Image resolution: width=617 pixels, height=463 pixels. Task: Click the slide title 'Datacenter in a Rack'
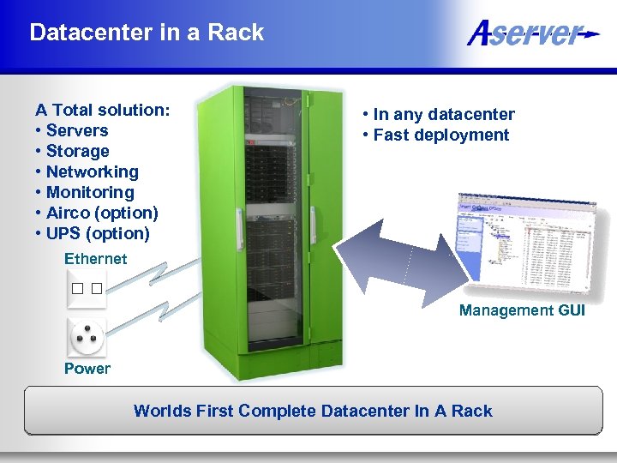click(147, 33)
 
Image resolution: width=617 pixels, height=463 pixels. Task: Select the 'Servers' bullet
click(77, 130)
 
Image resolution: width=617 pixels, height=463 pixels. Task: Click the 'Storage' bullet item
click(78, 151)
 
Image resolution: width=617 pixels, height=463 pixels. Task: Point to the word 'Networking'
click(92, 171)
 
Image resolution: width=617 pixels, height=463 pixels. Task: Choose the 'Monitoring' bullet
click(90, 192)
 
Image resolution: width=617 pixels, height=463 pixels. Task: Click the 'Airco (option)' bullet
click(102, 213)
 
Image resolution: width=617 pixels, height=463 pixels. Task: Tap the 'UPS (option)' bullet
click(98, 233)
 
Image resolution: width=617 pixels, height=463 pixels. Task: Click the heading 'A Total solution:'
click(102, 110)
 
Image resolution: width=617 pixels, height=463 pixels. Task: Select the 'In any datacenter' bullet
click(444, 114)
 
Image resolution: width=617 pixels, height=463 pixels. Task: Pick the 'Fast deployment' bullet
click(441, 135)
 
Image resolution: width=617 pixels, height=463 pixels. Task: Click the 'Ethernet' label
click(95, 259)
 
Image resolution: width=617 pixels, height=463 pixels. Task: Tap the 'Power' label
click(87, 369)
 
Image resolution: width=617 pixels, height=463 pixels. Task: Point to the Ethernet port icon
click(87, 288)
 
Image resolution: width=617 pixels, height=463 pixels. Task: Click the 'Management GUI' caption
click(522, 310)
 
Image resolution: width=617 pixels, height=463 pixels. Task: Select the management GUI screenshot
click(524, 243)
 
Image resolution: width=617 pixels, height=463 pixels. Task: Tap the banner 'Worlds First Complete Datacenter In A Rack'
click(313, 411)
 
